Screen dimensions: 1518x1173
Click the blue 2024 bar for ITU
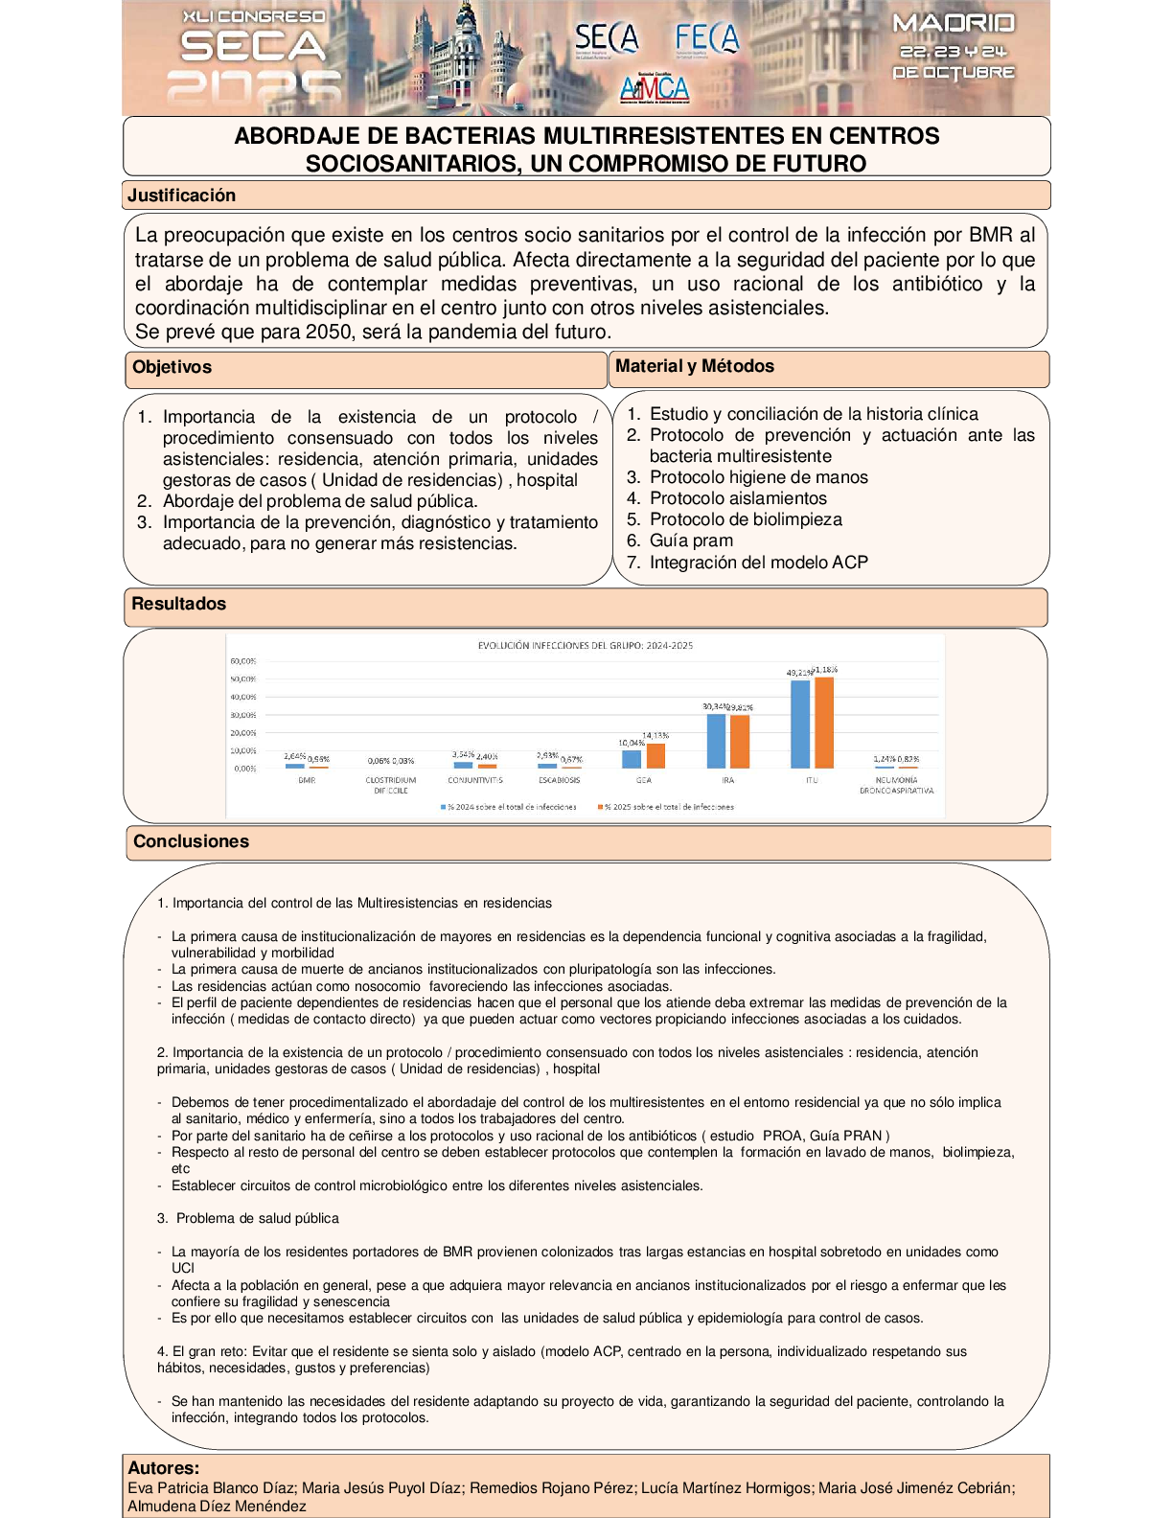point(799,724)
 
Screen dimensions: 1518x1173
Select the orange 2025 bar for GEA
point(655,755)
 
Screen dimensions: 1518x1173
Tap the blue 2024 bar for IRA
point(716,741)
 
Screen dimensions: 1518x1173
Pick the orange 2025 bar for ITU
point(823,723)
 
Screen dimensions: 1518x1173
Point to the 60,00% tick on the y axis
point(242,661)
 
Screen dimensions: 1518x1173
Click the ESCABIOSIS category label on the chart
point(559,780)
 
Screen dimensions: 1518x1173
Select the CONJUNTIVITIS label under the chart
point(475,780)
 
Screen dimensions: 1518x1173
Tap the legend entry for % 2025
point(667,807)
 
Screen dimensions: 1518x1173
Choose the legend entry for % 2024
point(509,807)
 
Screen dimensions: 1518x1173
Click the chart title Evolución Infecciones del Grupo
point(586,646)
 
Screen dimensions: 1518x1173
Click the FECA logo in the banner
point(706,38)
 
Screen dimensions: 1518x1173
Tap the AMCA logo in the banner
point(655,89)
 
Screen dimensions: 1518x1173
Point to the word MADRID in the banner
point(953,24)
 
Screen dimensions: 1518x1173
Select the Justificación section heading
point(182,195)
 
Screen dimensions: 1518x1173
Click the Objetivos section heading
point(172,367)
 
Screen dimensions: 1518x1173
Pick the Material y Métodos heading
point(694,366)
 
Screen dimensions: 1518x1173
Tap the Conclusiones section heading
point(191,841)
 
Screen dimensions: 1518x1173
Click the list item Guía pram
point(691,540)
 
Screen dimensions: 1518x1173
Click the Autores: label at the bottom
point(164,1468)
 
